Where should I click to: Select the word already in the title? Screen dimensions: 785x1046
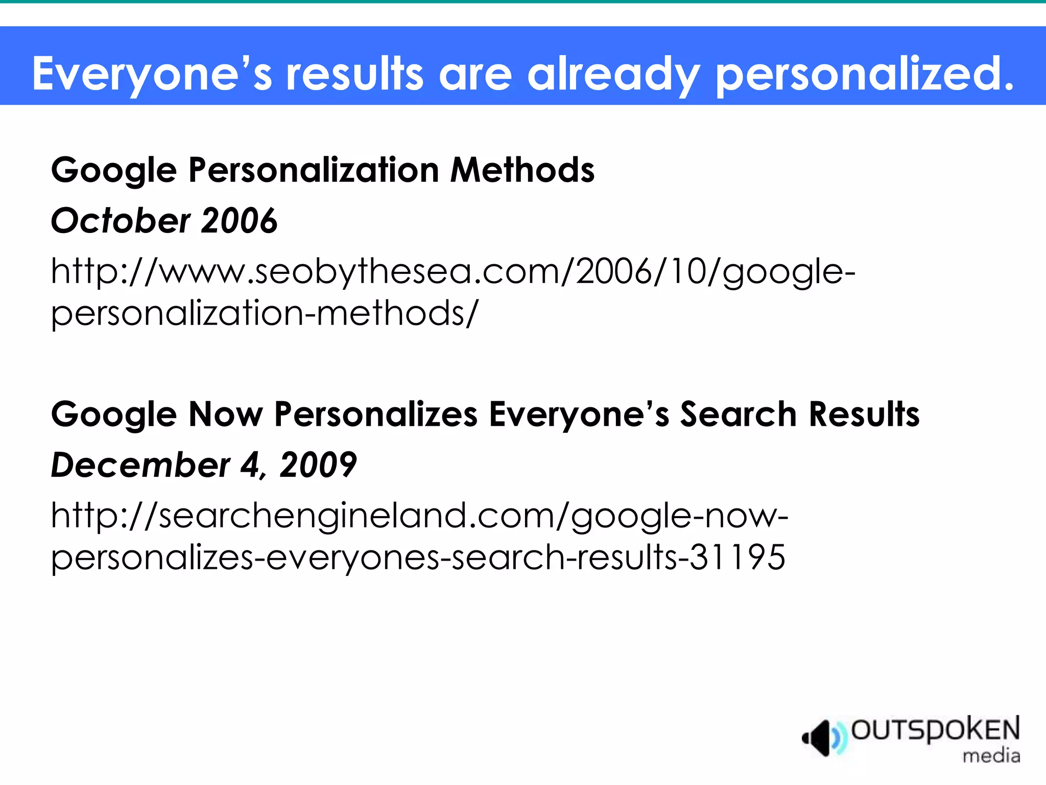point(613,74)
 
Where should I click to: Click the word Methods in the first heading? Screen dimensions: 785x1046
point(522,170)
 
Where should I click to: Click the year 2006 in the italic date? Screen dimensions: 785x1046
point(240,221)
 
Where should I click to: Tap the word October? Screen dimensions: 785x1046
point(121,221)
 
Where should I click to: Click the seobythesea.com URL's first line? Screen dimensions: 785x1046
point(453,271)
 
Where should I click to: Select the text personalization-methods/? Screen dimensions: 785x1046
point(265,313)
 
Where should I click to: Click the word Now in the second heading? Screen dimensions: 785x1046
point(225,414)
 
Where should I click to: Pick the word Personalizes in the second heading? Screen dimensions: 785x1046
point(376,414)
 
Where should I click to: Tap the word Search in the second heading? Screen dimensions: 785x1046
point(738,414)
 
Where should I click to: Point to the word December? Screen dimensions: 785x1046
point(140,465)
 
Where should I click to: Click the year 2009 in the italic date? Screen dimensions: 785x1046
point(318,465)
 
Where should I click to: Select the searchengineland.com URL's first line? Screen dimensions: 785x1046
point(419,515)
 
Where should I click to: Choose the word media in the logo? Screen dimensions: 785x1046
point(991,755)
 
